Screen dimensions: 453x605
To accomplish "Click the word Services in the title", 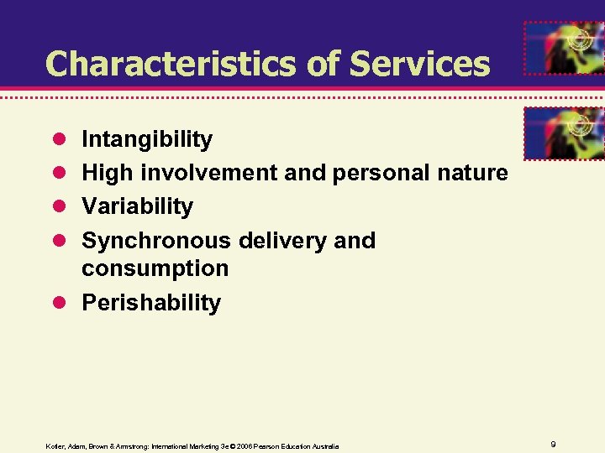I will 419,64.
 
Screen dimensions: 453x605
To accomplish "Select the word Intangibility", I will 147,139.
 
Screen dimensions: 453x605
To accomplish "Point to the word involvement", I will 208,173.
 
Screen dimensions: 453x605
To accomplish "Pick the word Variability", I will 137,206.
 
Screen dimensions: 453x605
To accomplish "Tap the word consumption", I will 155,269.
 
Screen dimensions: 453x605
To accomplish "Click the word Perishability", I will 151,303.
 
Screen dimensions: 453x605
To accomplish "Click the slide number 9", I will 554,444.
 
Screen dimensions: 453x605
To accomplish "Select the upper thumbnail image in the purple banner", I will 564,49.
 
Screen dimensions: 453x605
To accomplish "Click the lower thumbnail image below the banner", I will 564,133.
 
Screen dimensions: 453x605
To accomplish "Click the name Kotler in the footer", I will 55,445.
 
